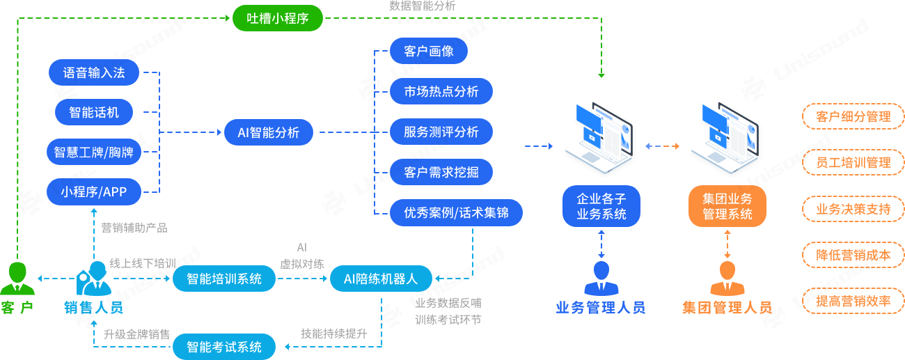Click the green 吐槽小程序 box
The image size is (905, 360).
278,18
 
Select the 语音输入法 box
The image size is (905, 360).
94,72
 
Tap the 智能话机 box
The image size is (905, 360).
94,111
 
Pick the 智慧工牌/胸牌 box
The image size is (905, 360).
94,152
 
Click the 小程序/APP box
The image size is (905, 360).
94,191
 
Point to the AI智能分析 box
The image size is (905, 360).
269,132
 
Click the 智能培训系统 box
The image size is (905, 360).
224,279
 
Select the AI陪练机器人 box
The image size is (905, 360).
381,279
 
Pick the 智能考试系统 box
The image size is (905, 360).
224,346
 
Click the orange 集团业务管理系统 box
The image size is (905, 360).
727,206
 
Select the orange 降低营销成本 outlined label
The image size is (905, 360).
853,254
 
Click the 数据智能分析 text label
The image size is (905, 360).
422,6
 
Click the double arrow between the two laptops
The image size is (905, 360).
662,146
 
